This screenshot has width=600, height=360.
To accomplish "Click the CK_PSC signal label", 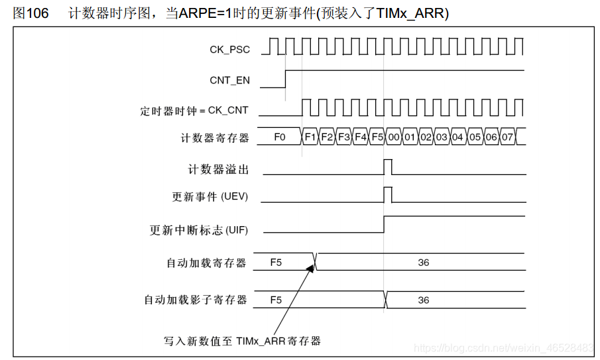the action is pos(229,49).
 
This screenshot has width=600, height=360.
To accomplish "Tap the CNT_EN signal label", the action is pos(229,80).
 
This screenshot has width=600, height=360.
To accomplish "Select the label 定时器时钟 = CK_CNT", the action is pos(194,110).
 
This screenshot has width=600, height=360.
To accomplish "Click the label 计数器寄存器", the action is pos(215,138).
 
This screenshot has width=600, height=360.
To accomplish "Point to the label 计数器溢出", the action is pos(218,170).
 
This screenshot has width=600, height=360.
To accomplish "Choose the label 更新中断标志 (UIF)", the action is pos(199,230).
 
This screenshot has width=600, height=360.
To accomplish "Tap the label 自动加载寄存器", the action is pos(206,263).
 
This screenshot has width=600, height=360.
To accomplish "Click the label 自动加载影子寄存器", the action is pos(196,300).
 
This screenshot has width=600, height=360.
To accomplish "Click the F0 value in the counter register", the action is pos(280,137).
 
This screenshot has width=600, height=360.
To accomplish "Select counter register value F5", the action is pos(377,137).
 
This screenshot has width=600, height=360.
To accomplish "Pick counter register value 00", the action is pos(394,137).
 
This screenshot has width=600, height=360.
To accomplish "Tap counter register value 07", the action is pos(507,137).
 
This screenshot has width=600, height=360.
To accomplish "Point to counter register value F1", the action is pos(310,137).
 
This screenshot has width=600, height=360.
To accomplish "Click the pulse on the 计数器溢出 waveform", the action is pos(388,166).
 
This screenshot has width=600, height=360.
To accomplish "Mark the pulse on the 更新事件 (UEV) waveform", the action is pos(388,194).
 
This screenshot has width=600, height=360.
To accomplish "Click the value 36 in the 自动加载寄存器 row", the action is pos(424,263).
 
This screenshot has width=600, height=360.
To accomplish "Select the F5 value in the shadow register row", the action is pos(276,300).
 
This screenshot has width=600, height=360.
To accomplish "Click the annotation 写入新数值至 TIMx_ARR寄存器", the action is pos(242,341).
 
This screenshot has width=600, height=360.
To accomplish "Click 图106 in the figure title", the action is pos(30,13).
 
